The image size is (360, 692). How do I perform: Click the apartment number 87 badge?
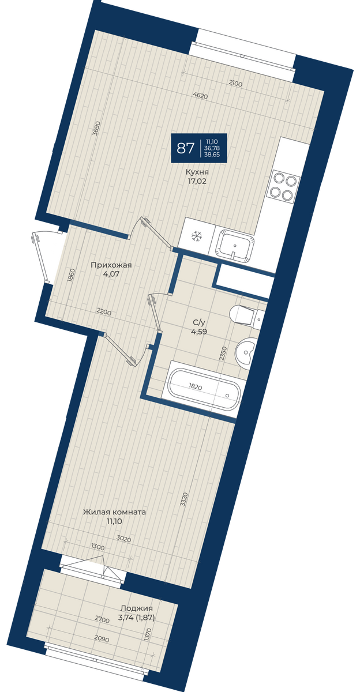click(199, 149)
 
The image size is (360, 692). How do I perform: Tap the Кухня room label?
click(197, 172)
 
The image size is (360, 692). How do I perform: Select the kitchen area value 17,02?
click(197, 181)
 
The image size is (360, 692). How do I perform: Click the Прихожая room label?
click(111, 265)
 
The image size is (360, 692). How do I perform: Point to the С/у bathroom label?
click(199, 323)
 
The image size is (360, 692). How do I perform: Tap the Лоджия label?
click(137, 608)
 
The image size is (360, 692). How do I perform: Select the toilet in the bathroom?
click(246, 315)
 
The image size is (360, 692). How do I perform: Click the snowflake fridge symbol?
click(196, 236)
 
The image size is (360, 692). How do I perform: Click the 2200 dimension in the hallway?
click(103, 311)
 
